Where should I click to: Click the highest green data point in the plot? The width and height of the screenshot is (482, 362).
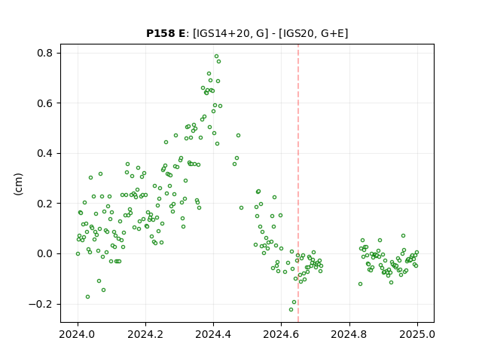[216, 57]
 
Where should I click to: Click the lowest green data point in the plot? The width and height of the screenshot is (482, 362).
[291, 309]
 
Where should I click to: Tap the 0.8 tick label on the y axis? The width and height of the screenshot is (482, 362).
[45, 53]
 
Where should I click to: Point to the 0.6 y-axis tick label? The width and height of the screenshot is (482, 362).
[45, 103]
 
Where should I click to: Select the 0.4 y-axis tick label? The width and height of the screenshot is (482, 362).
[45, 153]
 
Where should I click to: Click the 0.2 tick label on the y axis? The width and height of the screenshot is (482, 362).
[45, 204]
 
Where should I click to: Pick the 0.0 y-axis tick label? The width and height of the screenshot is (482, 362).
[45, 253]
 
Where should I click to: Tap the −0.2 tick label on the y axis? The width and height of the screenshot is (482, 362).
[41, 304]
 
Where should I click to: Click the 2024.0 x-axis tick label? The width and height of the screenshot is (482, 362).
[78, 334]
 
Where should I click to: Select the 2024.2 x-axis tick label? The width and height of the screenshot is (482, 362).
[145, 334]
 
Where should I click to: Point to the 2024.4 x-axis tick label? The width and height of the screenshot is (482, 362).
[213, 334]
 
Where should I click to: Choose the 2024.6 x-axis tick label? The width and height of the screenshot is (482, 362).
[281, 334]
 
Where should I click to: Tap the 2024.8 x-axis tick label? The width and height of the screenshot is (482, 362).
[349, 334]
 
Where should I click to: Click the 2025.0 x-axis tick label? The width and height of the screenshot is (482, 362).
[417, 334]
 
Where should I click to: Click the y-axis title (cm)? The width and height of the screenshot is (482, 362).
[18, 184]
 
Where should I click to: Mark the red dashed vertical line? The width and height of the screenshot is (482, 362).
[298, 183]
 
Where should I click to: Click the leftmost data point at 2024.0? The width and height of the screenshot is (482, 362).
[78, 254]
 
